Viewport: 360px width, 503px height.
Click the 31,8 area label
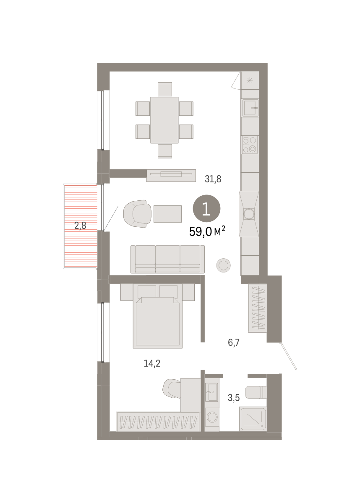[x=213, y=179]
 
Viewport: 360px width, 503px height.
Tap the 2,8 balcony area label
[x=80, y=226]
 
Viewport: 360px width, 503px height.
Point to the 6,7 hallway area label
[x=234, y=342]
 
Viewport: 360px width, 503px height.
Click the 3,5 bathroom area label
[x=234, y=398]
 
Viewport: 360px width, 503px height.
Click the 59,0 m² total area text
[x=207, y=231]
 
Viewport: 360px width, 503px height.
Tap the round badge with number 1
[x=206, y=209]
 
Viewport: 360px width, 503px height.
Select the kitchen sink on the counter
[x=250, y=108]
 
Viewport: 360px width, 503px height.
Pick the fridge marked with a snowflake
[x=250, y=80]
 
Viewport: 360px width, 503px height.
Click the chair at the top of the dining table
[x=165, y=89]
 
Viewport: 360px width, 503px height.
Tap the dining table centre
[x=164, y=120]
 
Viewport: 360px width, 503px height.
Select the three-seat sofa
[x=168, y=259]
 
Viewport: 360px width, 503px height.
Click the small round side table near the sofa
[x=223, y=265]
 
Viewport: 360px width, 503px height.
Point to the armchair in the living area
[x=137, y=214]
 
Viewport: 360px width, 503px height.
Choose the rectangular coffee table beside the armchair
[x=167, y=214]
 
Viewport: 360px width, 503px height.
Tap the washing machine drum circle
[x=212, y=417]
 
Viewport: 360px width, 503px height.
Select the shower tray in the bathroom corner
[x=253, y=419]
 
